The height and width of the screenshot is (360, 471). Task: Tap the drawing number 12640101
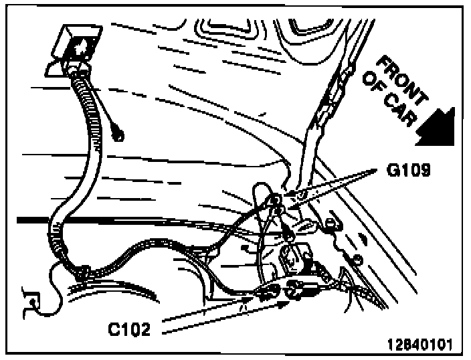[419, 345]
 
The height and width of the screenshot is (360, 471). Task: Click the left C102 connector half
[267, 291]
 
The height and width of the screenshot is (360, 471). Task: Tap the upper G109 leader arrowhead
[287, 195]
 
